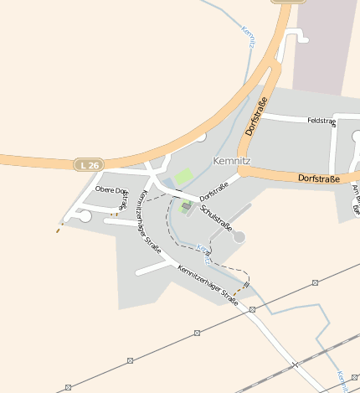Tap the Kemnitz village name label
tap(232, 159)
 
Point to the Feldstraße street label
tap(321, 122)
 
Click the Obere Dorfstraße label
tap(109, 189)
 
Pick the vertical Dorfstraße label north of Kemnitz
tap(257, 116)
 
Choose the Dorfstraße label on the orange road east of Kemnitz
tap(318, 178)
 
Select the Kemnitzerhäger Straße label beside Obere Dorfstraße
tap(148, 220)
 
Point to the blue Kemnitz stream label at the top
tap(248, 37)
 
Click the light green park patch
tap(183, 178)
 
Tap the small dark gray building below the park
tap(186, 205)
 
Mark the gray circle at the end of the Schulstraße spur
tap(239, 237)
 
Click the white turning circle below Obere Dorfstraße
tap(85, 216)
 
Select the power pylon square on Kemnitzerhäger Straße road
tap(252, 309)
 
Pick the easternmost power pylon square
tap(315, 283)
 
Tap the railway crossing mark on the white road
tap(295, 364)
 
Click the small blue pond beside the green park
tap(168, 183)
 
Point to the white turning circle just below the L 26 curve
tap(201, 136)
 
